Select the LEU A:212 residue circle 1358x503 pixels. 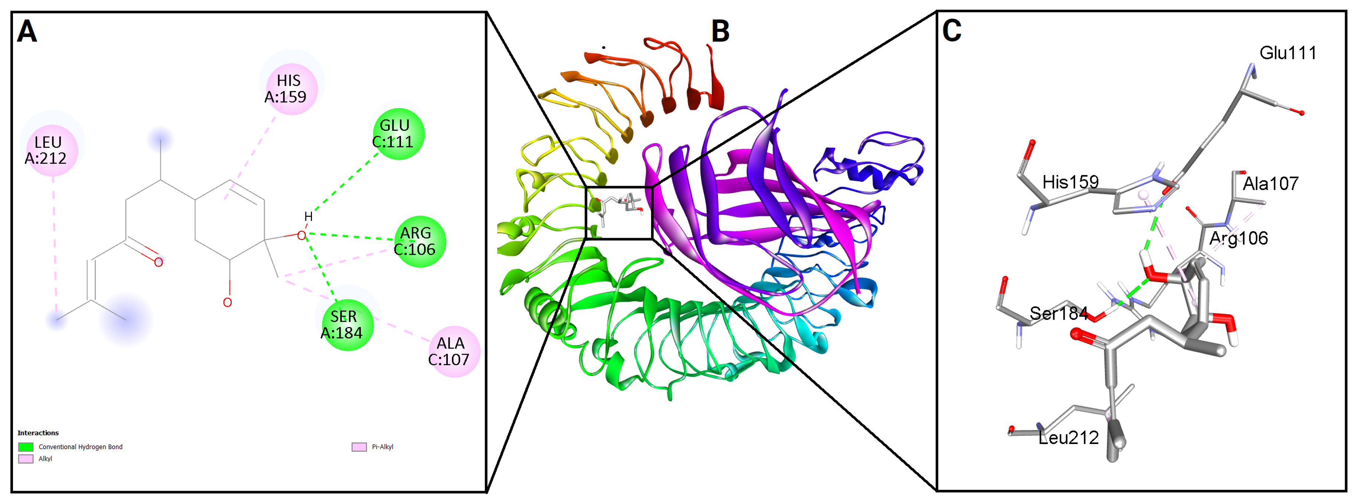(x=49, y=150)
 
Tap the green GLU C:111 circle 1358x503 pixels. (x=397, y=133)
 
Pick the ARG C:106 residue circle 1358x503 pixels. (x=419, y=241)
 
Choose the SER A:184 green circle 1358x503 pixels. (x=346, y=324)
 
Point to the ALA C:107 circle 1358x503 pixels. (x=452, y=351)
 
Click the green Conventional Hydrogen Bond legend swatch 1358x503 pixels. (x=26, y=447)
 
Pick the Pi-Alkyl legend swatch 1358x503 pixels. (x=359, y=447)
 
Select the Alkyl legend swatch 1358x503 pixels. (x=26, y=459)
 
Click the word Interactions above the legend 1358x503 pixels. (x=38, y=433)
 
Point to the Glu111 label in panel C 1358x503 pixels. (x=1287, y=53)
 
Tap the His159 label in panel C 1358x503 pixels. (x=1070, y=182)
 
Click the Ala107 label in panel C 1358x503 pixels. (x=1270, y=184)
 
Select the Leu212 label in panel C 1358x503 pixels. (x=1069, y=438)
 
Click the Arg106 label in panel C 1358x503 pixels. (x=1238, y=238)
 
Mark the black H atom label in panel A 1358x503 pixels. (x=308, y=217)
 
